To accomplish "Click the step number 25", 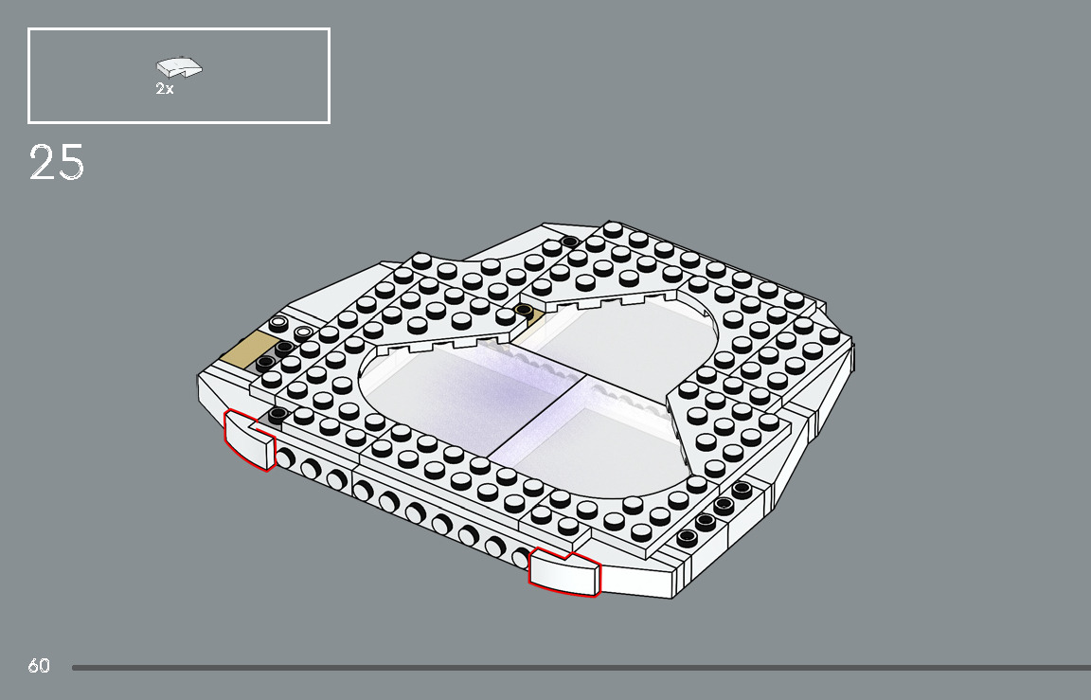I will [57, 163].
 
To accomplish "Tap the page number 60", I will [39, 666].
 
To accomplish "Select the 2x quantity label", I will [165, 89].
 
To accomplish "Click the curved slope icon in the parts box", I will [179, 67].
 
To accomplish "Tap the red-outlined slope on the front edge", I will [564, 573].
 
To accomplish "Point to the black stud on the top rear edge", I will [569, 242].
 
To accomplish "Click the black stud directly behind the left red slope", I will [277, 415].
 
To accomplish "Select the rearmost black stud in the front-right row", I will [741, 489].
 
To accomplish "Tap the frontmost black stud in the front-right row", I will [687, 537].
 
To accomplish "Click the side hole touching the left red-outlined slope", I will [285, 461].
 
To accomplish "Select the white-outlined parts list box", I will [179, 76].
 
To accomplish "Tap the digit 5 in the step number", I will [71, 163].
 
